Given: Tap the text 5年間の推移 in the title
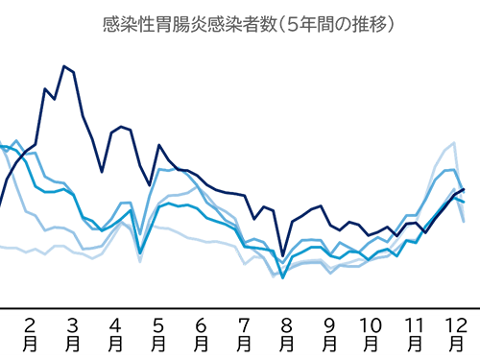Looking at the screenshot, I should click(336, 22).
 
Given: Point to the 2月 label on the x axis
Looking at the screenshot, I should click(31, 332).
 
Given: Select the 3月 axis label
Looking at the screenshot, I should click(73, 332).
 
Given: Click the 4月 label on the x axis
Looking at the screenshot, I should click(116, 332).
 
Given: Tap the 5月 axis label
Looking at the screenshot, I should click(158, 332).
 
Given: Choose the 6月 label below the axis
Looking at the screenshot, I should click(201, 332).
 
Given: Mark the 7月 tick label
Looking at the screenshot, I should click(244, 332).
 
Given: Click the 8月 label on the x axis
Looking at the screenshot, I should click(286, 332).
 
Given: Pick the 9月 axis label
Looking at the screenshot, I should click(328, 332).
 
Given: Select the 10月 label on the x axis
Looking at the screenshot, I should click(371, 332).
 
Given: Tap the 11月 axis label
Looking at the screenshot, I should click(414, 332).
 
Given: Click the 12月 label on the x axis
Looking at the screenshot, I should click(456, 332).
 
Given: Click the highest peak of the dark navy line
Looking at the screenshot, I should click(64, 65).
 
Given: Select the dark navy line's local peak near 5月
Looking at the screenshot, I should click(158, 145).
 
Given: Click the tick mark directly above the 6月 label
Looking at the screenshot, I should click(201, 310).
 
